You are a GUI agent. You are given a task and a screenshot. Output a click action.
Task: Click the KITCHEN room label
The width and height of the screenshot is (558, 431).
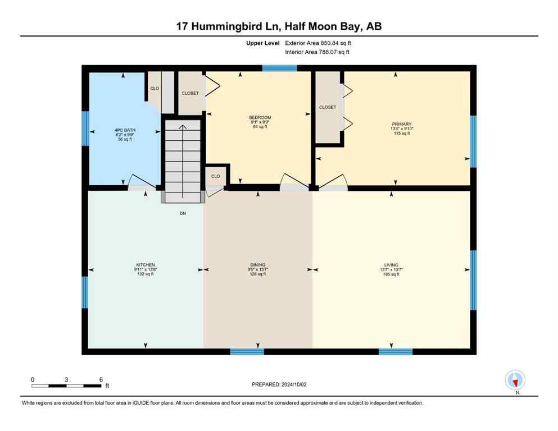pos(145,265)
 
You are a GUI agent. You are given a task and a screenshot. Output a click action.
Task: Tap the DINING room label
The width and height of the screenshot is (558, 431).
pos(258,265)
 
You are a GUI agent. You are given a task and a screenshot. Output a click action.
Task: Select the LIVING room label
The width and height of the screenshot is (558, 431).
pos(391,265)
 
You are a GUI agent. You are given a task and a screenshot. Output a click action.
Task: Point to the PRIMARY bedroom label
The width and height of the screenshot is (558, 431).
pos(402,125)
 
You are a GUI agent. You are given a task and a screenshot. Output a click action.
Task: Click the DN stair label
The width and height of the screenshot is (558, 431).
pos(183,213)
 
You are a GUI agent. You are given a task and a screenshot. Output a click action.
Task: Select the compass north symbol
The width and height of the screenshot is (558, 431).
pos(515,380)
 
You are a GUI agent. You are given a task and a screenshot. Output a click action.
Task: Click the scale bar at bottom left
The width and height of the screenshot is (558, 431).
pos(66,386)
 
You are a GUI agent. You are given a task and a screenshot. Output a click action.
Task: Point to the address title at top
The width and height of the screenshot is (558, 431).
pos(279,26)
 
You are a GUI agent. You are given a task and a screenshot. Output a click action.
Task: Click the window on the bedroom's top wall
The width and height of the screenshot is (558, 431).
pos(279,68)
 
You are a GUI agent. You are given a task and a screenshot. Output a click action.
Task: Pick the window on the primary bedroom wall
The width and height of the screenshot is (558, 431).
pos(473,141)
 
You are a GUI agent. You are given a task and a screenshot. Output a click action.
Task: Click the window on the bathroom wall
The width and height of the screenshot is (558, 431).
pos(85,129)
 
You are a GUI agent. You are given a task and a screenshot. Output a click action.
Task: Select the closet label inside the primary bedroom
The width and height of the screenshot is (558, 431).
pos(328,107)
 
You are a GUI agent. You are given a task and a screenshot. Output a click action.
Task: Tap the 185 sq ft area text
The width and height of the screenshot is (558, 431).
pos(391,274)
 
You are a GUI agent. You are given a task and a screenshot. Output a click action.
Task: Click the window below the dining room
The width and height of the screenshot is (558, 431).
pos(247,352)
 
